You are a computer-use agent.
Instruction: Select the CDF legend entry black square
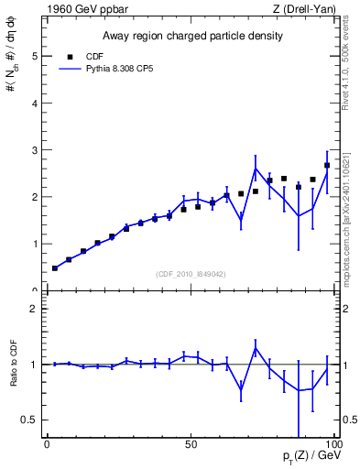[x=68, y=57]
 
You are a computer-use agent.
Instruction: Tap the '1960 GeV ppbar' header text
[x=80, y=9]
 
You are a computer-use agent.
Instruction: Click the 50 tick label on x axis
[x=191, y=444]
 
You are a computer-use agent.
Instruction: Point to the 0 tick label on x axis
[x=48, y=444]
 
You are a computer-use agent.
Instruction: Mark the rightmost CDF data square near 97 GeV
[x=327, y=166]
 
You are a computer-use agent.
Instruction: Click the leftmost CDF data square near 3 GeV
[x=55, y=268]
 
